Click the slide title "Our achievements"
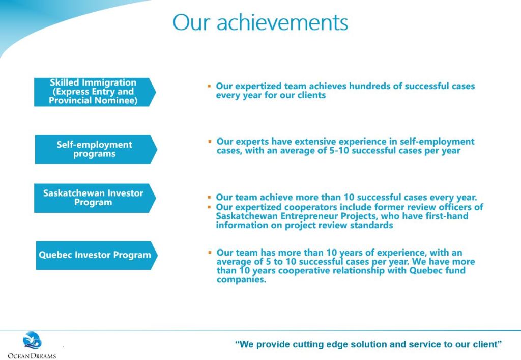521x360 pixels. pyautogui.click(x=260, y=22)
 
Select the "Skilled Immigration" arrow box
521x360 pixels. pyautogui.click(x=95, y=92)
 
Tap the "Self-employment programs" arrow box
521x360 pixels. pyautogui.click(x=96, y=149)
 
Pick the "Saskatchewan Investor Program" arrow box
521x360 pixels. pyautogui.click(x=95, y=198)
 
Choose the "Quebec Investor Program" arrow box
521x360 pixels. pyautogui.click(x=96, y=255)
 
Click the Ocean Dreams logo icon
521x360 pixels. pyautogui.click(x=32, y=340)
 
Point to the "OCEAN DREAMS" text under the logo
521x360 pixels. pyautogui.click(x=32, y=356)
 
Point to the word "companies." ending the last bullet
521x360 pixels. pyautogui.click(x=242, y=279)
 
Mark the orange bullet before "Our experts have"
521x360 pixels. pyautogui.click(x=210, y=142)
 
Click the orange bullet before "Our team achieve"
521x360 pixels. pyautogui.click(x=209, y=198)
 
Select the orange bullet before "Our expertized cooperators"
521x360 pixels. pyautogui.click(x=209, y=207)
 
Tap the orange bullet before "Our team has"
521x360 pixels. pyautogui.click(x=210, y=253)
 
